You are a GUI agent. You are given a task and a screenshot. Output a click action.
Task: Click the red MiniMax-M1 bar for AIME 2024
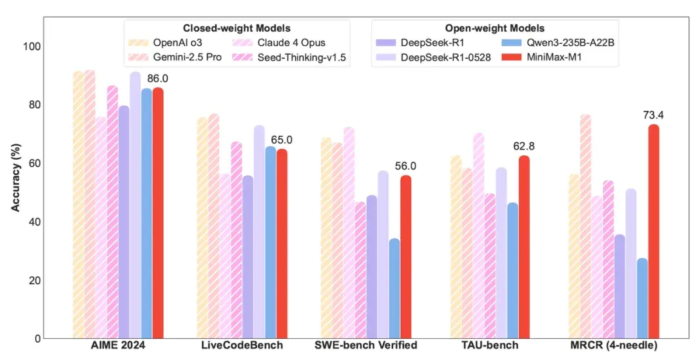click(x=158, y=213)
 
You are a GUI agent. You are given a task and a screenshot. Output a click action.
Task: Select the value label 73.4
click(x=653, y=115)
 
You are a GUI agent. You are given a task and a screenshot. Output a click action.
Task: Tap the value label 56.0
click(x=405, y=166)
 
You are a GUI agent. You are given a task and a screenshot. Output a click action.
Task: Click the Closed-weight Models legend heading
click(x=237, y=28)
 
